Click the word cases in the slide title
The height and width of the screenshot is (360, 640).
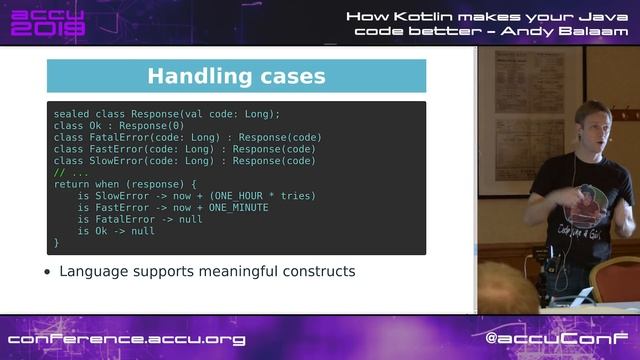point(290,76)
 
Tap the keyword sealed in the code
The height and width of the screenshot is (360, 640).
point(71,114)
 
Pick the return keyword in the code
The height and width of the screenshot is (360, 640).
point(71,184)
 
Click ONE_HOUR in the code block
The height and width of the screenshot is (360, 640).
point(238,196)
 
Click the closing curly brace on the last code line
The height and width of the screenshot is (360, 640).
point(56,242)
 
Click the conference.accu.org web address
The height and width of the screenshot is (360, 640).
point(127,339)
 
